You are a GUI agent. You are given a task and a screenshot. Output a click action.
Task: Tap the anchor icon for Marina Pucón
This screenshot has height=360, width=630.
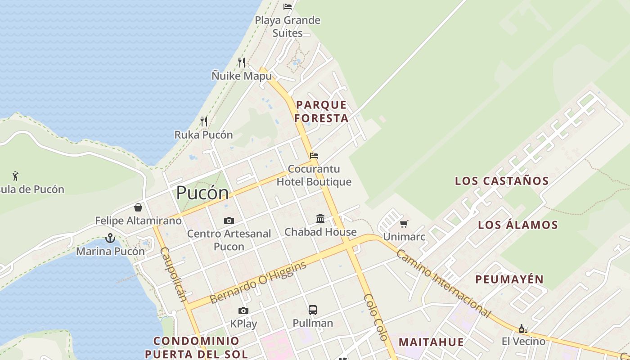pos(110,238)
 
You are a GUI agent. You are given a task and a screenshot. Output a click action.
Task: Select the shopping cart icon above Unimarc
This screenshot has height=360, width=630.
pos(404,224)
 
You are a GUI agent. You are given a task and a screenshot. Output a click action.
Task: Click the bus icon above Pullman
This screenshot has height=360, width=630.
pos(313,310)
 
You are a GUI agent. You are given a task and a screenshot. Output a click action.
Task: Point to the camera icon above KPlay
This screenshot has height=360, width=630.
pos(243,310)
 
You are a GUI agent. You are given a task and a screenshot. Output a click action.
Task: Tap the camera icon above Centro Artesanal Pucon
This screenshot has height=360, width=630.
pos(229,220)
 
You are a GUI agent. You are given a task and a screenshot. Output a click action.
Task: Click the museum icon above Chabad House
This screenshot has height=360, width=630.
pos(320,219)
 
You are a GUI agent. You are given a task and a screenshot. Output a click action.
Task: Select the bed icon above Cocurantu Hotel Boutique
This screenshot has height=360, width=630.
pos(314,156)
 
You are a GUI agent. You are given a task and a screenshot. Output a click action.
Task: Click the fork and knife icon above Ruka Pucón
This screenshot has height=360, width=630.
pos(204,121)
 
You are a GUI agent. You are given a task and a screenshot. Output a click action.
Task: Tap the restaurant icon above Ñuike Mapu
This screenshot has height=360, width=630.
pos(242,62)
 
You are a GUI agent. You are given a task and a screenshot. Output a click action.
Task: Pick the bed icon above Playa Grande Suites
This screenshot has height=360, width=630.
pos(287,7)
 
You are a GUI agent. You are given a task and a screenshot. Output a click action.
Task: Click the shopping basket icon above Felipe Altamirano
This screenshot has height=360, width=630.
pos(138,207)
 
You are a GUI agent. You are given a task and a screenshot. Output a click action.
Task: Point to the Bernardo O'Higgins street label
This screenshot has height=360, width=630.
pos(258,282)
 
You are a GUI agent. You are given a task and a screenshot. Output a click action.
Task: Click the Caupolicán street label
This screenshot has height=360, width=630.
pos(173,274)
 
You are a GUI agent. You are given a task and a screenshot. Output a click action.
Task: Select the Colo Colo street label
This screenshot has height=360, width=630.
pos(376,317)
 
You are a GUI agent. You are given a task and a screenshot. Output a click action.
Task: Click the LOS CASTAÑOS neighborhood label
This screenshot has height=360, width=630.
pos(502,181)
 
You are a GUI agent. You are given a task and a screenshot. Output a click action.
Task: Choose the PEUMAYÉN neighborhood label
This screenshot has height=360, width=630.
pos(509,279)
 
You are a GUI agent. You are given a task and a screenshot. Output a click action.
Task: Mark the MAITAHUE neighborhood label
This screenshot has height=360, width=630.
pos(431,342)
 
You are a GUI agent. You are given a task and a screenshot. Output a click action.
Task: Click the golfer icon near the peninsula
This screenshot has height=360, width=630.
pos(16,175)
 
